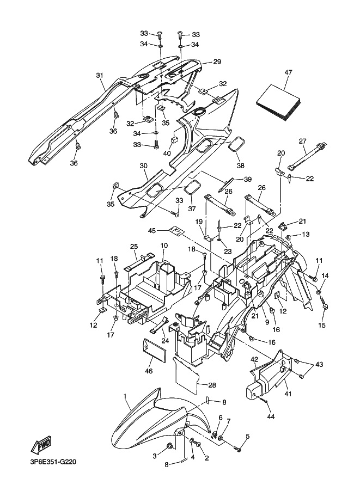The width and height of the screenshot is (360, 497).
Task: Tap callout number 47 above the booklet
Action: pos(288,72)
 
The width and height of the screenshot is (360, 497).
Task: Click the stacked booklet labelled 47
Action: pos(279,102)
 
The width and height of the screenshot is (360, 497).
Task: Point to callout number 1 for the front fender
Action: pos(125,396)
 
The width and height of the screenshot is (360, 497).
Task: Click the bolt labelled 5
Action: pos(237,449)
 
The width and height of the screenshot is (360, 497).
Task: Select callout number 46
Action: pos(149,371)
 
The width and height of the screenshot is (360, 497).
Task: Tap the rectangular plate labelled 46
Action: pos(155,350)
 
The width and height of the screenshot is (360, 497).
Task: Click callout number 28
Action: pos(212,385)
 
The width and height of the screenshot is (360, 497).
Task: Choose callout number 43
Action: pos(319,365)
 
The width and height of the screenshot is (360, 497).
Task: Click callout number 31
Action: pos(100,76)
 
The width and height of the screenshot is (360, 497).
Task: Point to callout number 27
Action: pos(302,140)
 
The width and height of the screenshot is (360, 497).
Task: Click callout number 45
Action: pos(152,230)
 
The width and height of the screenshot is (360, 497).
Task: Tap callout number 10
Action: pos(164,246)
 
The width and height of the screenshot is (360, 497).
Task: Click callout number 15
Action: pos(322,325)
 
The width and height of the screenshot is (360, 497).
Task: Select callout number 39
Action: pos(248,180)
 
